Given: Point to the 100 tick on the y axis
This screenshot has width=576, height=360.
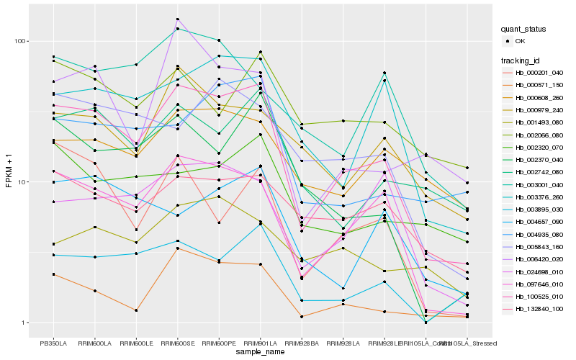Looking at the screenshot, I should pos(21,41).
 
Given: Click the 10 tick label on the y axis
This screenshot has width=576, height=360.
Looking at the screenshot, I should pos(23,181).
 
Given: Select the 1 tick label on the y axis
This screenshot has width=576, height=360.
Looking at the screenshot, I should pos(25,323).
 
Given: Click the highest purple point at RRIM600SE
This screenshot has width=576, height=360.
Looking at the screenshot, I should pos(177,19).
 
